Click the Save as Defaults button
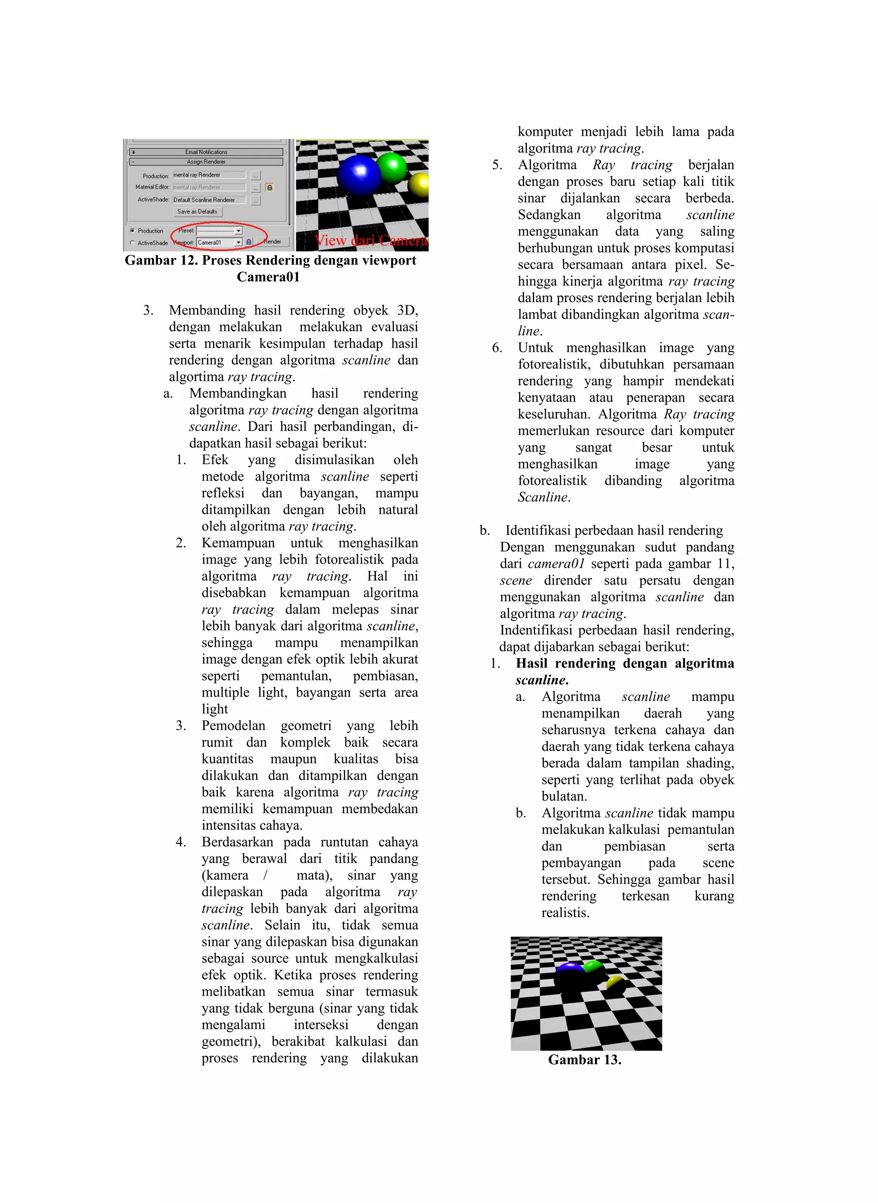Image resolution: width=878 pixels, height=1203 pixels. (197, 211)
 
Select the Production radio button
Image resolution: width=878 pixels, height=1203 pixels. (132, 231)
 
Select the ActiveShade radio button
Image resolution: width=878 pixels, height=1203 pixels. (132, 243)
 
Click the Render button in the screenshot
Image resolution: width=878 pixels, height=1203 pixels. (273, 242)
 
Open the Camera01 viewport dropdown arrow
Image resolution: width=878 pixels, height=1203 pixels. (239, 242)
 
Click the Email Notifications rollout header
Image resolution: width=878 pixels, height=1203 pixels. (206, 152)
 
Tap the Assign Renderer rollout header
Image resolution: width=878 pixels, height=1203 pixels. (206, 162)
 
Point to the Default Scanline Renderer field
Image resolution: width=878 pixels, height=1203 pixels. (209, 200)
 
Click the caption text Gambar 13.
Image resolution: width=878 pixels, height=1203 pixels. (585, 1060)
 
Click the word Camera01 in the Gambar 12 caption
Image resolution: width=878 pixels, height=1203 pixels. (268, 277)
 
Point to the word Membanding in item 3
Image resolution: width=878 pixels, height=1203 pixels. (207, 310)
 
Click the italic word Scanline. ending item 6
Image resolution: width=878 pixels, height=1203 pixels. (544, 497)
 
